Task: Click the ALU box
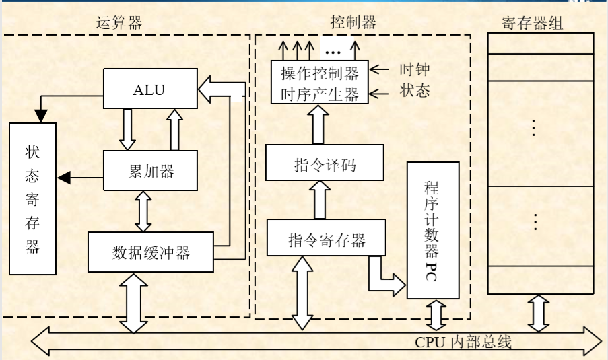[149, 89]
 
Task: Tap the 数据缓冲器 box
[151, 252]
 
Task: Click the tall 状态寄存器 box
[32, 199]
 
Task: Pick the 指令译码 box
[325, 164]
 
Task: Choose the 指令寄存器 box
[327, 238]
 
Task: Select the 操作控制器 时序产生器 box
[320, 83]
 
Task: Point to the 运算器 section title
[119, 23]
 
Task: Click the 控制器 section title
[353, 23]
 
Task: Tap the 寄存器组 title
[532, 24]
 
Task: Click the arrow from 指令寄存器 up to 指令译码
[320, 200]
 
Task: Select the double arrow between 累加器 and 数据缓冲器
[143, 211]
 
